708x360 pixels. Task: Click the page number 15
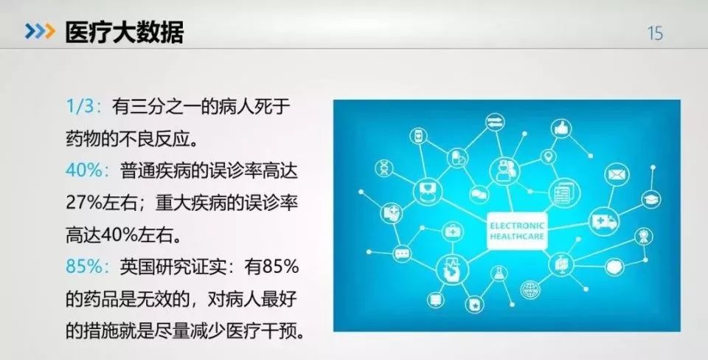pos(654,32)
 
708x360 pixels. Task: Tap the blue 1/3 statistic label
pos(80,108)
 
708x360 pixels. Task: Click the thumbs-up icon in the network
pos(564,128)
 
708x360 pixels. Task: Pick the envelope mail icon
pos(616,175)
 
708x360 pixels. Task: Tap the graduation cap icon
pos(650,200)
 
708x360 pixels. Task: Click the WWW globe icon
pos(528,289)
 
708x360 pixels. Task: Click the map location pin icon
pos(547,156)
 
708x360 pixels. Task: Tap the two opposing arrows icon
pos(494,121)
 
